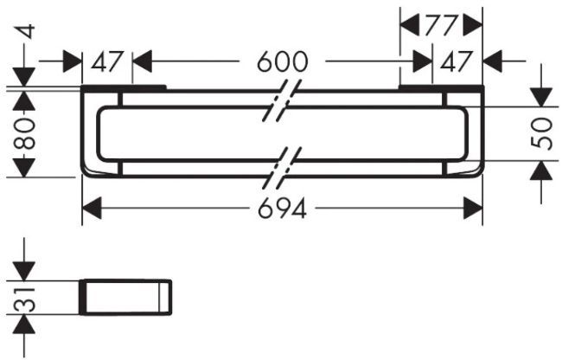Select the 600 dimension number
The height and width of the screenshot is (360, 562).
pyautogui.click(x=282, y=62)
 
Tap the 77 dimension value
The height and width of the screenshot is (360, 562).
pyautogui.click(x=441, y=25)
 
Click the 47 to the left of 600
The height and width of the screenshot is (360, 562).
pyautogui.click(x=108, y=62)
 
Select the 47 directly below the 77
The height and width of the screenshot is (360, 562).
pyautogui.click(x=458, y=62)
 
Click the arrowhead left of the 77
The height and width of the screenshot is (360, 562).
pyautogui.click(x=410, y=25)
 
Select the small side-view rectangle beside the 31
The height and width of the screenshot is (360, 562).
pyautogui.click(x=126, y=296)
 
